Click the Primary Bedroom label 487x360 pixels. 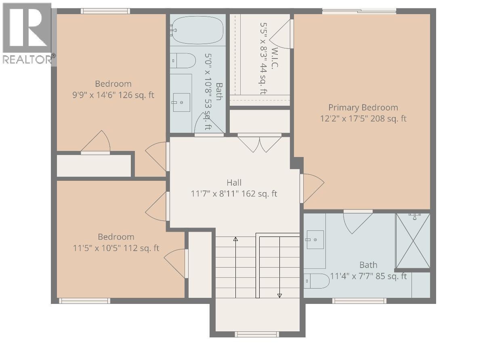pyautogui.click(x=363, y=107)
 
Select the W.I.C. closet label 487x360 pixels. pyautogui.click(x=275, y=59)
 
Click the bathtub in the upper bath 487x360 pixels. pyautogui.click(x=197, y=29)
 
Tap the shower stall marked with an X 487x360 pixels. pyautogui.click(x=413, y=241)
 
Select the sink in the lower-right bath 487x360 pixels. pyautogui.click(x=315, y=240)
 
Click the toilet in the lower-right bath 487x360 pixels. pyautogui.click(x=317, y=281)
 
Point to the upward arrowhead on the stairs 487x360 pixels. pyautogui.click(x=235, y=239)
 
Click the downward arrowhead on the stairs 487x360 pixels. pyautogui.click(x=279, y=295)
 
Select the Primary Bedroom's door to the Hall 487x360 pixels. pyautogui.click(x=312, y=188)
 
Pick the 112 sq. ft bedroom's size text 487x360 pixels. pyautogui.click(x=116, y=248)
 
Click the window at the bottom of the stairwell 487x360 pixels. pyautogui.click(x=257, y=334)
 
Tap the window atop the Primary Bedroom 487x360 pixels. pyautogui.click(x=359, y=11)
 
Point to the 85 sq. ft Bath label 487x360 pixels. pyautogui.click(x=368, y=265)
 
